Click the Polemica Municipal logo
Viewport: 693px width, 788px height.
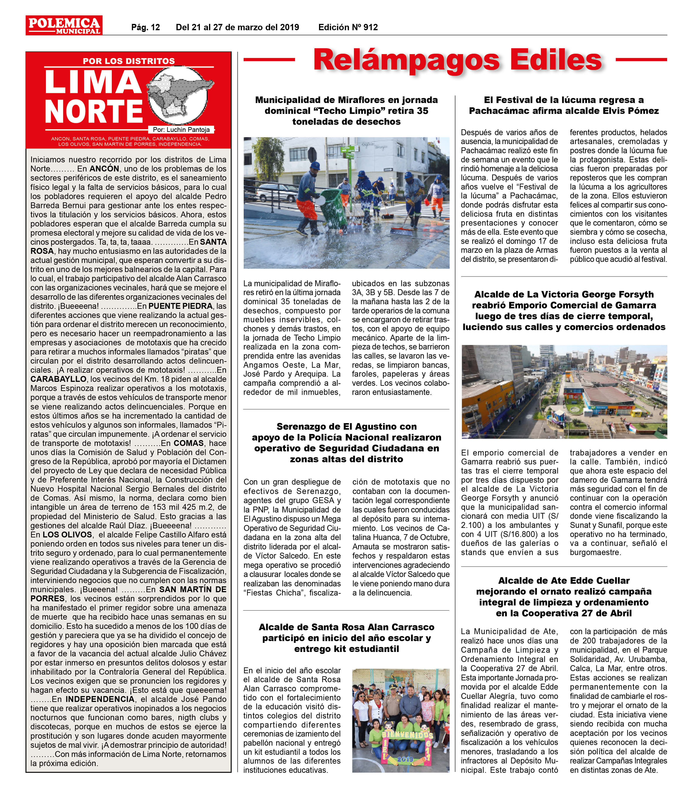click(x=64, y=25)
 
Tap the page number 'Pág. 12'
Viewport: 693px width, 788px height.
click(x=145, y=27)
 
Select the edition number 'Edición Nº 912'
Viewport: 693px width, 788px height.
click(x=348, y=27)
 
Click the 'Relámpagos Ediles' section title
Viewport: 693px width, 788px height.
click(x=457, y=60)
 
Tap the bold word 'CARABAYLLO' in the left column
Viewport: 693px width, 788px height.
click(x=58, y=379)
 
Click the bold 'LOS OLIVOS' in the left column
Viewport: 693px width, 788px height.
click(x=67, y=535)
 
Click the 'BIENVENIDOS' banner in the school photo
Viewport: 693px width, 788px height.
click(x=408, y=745)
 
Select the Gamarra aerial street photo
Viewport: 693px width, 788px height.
click(x=564, y=391)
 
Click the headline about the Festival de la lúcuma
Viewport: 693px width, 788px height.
click(x=563, y=105)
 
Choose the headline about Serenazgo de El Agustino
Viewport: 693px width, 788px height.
click(x=346, y=443)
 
